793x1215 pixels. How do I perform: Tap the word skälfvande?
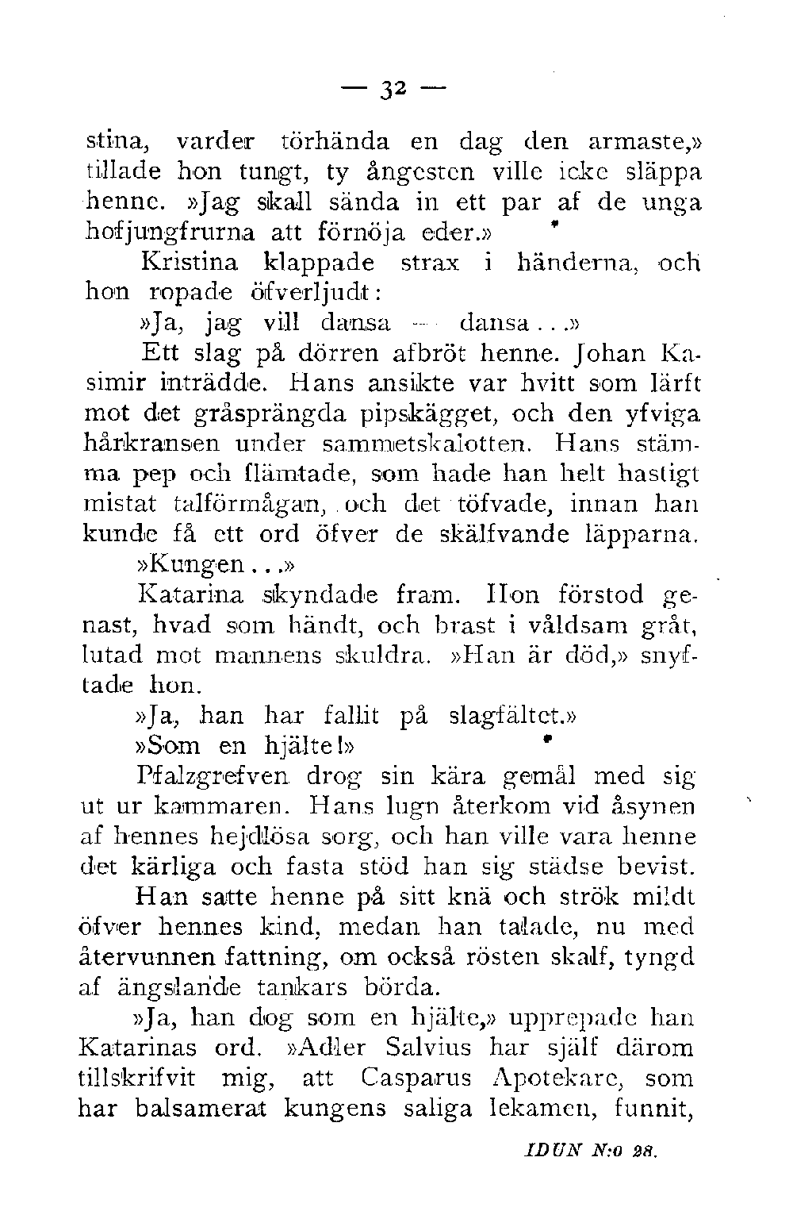(x=514, y=534)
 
